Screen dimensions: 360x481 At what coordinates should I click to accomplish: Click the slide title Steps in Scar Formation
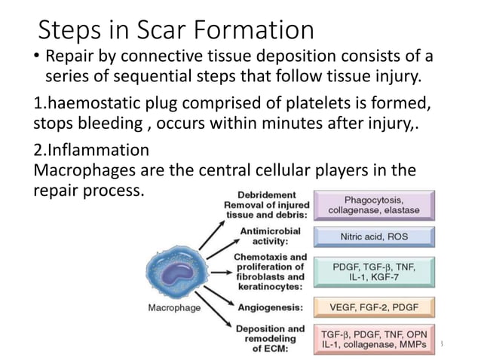tap(176, 30)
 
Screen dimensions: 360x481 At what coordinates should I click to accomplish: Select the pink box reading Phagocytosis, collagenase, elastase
tap(375, 206)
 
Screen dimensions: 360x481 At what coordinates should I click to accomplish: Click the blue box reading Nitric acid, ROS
tap(375, 236)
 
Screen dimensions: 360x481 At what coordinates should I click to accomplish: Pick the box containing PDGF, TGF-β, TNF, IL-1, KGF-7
tap(375, 272)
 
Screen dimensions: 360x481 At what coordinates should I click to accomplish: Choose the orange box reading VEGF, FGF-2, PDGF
tap(375, 307)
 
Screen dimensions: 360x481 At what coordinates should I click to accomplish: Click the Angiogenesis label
tap(270, 307)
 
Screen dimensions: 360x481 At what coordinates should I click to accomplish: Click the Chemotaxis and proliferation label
tap(270, 271)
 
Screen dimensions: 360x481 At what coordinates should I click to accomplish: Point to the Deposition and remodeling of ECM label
tap(270, 339)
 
